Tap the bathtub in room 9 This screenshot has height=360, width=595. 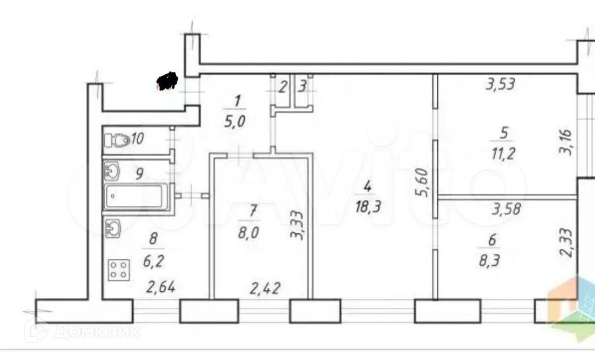click(x=136, y=197)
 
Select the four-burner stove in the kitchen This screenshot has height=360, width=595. click(x=119, y=269)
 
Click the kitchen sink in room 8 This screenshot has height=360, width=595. click(x=112, y=228)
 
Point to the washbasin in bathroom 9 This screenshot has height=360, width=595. click(x=111, y=171)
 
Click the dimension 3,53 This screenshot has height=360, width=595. click(x=501, y=84)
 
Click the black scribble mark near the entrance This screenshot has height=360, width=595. click(x=167, y=81)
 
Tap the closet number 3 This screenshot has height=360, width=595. click(x=302, y=86)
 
